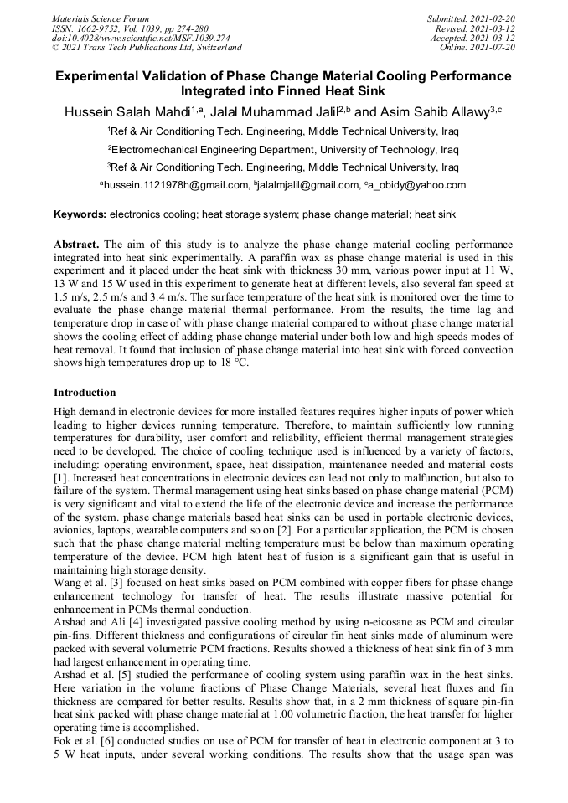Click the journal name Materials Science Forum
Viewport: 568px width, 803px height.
[x=101, y=18]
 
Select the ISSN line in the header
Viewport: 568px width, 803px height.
[x=130, y=28]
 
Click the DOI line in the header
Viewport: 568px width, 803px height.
[x=141, y=38]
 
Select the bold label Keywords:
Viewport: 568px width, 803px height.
[x=80, y=215]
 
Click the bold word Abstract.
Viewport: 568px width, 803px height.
[x=77, y=245]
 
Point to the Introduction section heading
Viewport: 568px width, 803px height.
[x=85, y=393]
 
